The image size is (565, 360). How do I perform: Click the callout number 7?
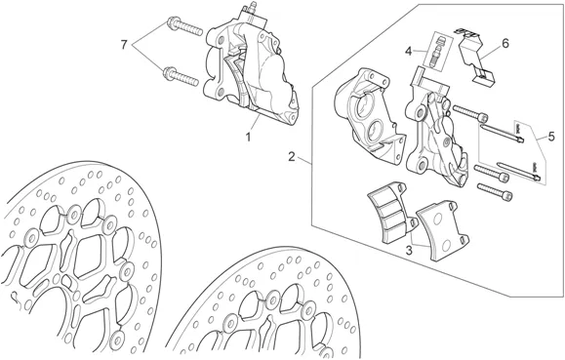pos(124,45)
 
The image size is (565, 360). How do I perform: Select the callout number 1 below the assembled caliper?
pos(248,137)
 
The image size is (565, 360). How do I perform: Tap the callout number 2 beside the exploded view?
pos(292,157)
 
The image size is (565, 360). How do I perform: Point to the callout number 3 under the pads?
pos(409,250)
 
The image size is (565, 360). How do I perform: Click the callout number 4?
pos(408,51)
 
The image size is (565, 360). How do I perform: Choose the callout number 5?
pos(551,137)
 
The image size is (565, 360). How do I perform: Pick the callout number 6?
pos(505,44)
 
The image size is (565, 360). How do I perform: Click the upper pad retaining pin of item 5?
pos(502,133)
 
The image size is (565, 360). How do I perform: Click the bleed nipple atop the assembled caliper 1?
pos(251,9)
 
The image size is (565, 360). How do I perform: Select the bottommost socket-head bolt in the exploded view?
pos(495,190)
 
